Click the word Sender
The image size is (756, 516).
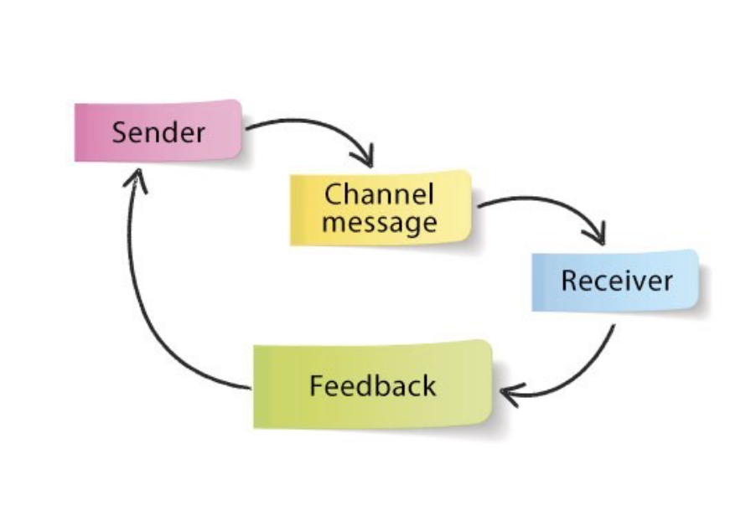pos(158,132)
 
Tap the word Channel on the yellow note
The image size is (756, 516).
pos(379,195)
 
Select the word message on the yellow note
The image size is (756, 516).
pos(379,223)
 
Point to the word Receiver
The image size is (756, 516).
pos(616,281)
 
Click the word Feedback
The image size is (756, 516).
pos(372,386)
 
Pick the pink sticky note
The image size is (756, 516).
pos(92,132)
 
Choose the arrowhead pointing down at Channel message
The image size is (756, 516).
pos(363,158)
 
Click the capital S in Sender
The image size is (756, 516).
pos(121,132)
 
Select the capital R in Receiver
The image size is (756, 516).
pos(569,281)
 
